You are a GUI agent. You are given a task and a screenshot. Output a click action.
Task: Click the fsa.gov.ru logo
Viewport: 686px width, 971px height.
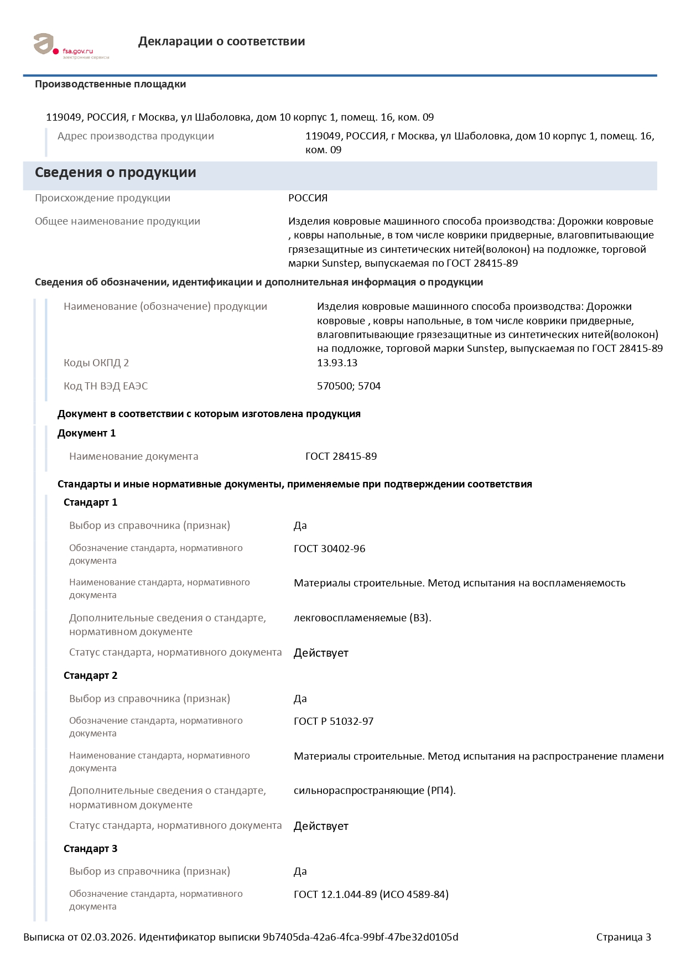(x=70, y=46)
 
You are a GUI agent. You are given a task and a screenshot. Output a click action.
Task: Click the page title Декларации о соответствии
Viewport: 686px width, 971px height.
(x=221, y=41)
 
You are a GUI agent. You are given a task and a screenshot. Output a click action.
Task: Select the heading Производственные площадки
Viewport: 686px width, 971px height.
(x=110, y=84)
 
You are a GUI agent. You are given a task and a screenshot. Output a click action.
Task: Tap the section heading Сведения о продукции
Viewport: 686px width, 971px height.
(x=115, y=173)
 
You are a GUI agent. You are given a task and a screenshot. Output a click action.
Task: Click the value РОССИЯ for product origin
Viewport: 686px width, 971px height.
(x=308, y=198)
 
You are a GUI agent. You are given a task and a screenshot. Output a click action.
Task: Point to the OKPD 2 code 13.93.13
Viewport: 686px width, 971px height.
(x=337, y=363)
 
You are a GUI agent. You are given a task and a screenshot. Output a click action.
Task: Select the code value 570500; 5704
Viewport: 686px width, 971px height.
(x=349, y=386)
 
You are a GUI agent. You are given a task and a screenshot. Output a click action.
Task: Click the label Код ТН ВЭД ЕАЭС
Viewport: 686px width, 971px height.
(x=106, y=386)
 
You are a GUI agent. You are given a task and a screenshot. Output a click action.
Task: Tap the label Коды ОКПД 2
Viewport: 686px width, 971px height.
(x=96, y=363)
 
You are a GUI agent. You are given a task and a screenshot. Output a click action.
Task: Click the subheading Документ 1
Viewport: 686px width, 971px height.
(x=86, y=433)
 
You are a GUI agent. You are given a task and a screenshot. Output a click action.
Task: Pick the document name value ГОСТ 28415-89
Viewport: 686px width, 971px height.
(x=341, y=456)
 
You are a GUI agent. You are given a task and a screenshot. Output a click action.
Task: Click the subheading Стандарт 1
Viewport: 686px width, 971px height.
(x=90, y=502)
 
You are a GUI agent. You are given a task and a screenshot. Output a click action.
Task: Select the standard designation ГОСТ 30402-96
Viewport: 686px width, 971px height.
(x=329, y=549)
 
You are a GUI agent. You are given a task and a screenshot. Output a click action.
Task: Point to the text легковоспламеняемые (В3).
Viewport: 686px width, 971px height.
(x=362, y=618)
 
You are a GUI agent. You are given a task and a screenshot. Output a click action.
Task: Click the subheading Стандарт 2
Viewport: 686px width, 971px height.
(x=90, y=676)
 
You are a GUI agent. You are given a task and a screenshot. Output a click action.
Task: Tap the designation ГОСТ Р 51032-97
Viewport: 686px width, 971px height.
(x=333, y=721)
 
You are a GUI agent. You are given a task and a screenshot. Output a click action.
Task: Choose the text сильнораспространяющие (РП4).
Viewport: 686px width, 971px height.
(x=375, y=791)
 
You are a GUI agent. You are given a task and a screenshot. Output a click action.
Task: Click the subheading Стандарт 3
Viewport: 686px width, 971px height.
(x=90, y=849)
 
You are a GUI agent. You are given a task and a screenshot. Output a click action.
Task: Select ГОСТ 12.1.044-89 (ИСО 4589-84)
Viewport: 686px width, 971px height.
(x=371, y=895)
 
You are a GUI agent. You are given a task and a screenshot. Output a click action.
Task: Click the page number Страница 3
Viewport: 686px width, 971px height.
(x=623, y=937)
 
